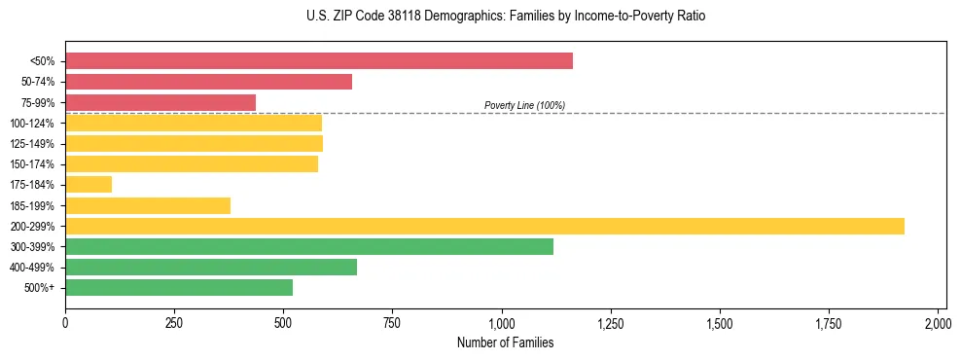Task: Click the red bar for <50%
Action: [x=319, y=61]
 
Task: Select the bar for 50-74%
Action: [x=208, y=82]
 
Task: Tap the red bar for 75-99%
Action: [x=160, y=102]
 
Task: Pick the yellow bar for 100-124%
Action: [x=194, y=123]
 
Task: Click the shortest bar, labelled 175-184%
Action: [x=89, y=184]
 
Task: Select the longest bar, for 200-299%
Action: [x=484, y=226]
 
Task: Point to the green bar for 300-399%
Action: [x=309, y=246]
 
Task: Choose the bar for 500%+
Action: [x=179, y=287]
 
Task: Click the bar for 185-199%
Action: [x=148, y=205]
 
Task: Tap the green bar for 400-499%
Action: [x=211, y=267]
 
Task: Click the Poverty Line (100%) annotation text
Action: [x=524, y=105]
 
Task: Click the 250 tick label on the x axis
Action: [x=174, y=323]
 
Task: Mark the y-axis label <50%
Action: [x=43, y=61]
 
